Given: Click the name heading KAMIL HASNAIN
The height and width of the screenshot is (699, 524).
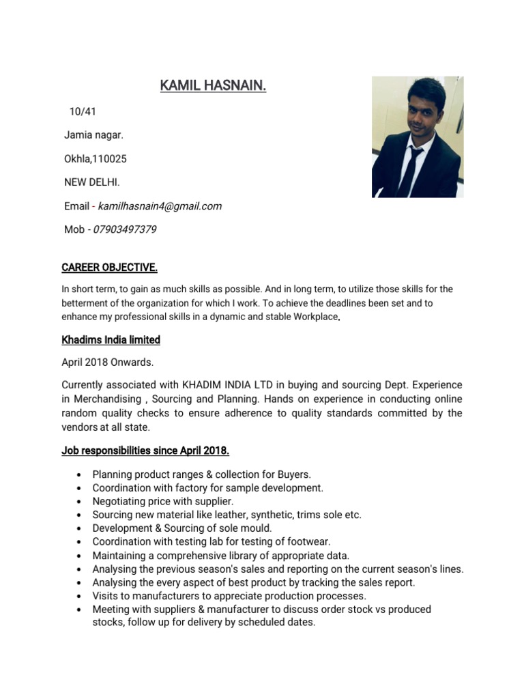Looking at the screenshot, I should (213, 86).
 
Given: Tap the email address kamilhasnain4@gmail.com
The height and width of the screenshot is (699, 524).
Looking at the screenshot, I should (160, 206).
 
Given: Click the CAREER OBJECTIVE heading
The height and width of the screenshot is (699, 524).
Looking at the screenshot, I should (109, 267).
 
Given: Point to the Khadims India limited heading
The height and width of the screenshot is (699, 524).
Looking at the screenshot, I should (111, 339).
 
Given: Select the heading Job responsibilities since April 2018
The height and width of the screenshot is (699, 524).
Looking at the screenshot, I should (145, 451).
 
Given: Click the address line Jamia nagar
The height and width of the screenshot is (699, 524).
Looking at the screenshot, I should (93, 135).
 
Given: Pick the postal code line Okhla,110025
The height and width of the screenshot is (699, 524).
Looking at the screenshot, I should (96, 159).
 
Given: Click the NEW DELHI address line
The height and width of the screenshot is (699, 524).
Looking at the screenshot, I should (92, 182).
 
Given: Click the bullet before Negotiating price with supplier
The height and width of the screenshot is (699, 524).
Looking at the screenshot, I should (81, 502).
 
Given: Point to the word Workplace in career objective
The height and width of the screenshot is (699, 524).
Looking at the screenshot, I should (316, 317).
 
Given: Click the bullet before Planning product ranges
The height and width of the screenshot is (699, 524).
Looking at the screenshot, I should (81, 475).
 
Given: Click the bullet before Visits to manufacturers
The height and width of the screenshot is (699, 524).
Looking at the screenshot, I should (81, 596).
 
